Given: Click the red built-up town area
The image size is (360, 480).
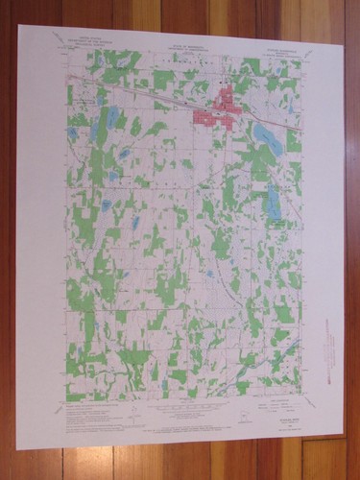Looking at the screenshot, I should coord(215,107).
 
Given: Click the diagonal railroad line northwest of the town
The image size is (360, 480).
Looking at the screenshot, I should coord(134,92).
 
